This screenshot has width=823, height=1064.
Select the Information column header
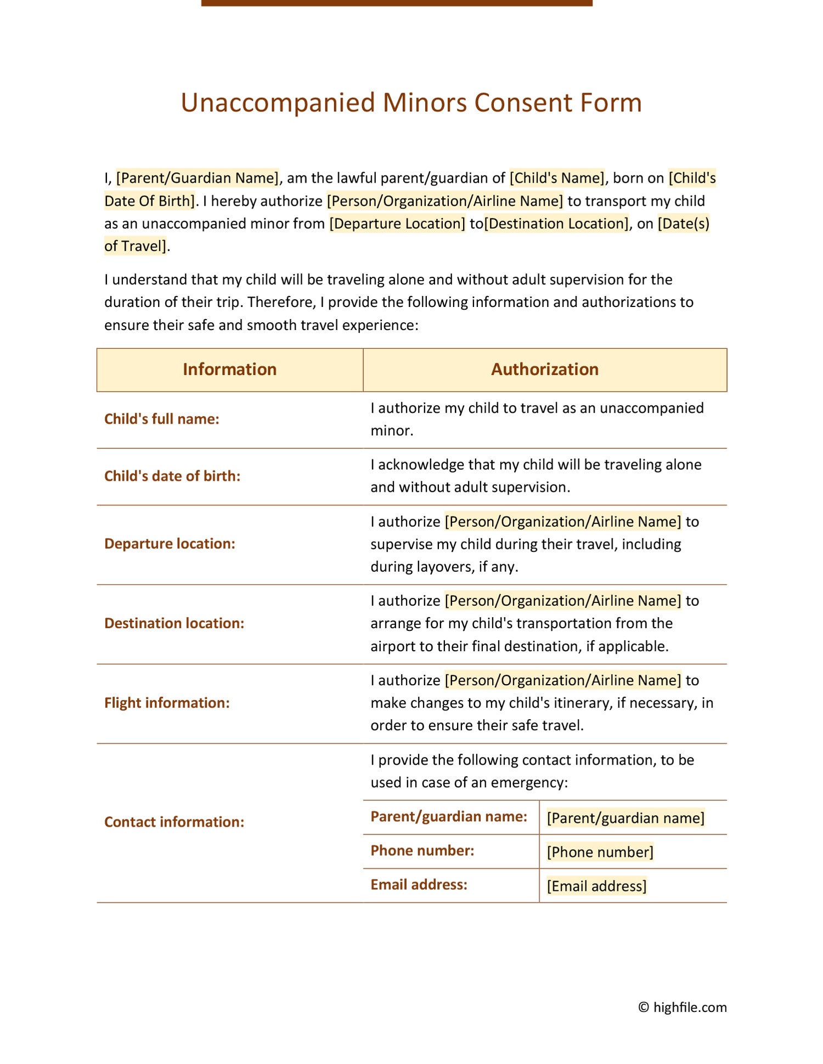(229, 369)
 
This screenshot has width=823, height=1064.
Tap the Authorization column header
(544, 369)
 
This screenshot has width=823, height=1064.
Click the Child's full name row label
(161, 419)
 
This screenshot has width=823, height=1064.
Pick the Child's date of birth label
(172, 476)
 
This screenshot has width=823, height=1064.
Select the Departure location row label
(170, 544)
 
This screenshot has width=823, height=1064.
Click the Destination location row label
(174, 623)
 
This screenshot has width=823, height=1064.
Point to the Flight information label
(167, 703)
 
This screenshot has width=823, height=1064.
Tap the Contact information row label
(174, 822)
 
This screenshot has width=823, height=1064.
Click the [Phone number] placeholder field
(600, 852)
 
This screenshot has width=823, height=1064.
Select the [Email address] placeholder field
(596, 886)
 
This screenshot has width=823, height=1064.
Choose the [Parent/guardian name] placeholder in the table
(625, 818)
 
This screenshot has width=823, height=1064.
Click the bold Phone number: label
(422, 851)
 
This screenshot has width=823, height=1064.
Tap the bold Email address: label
(419, 885)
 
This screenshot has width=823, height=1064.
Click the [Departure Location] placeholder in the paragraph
(397, 224)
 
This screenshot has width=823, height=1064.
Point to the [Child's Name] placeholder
(557, 178)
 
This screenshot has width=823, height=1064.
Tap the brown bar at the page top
(396, 3)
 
